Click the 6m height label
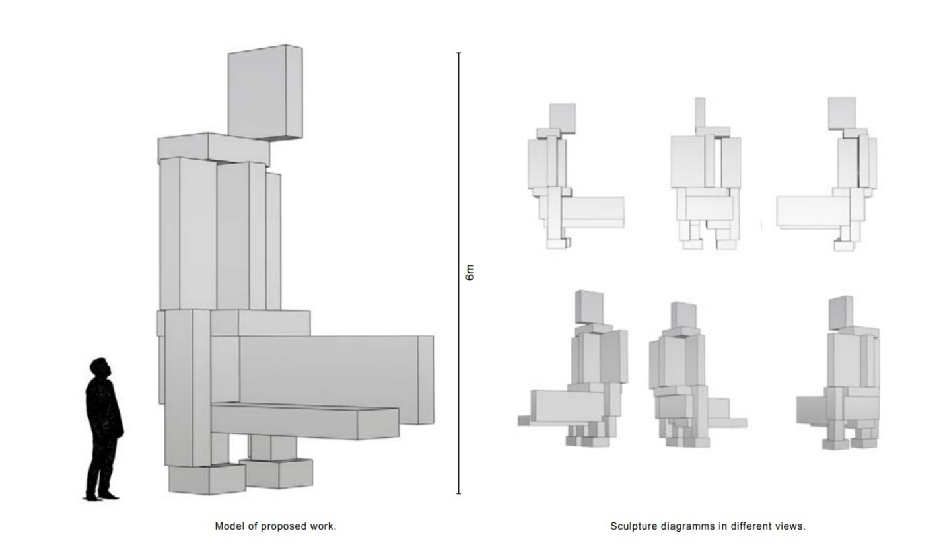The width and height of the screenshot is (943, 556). (470, 272)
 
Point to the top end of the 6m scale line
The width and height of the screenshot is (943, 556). (458, 53)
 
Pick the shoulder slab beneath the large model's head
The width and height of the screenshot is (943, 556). (213, 149)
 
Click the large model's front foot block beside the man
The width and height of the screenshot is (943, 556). (207, 479)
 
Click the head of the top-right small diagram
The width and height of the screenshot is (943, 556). (841, 112)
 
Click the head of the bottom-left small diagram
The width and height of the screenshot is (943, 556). (589, 306)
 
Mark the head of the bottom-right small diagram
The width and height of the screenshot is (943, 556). (840, 312)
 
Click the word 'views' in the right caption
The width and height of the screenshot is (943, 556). (790, 526)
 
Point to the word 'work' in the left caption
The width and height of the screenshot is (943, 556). (324, 526)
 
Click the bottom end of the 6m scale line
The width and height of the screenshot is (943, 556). (458, 493)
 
